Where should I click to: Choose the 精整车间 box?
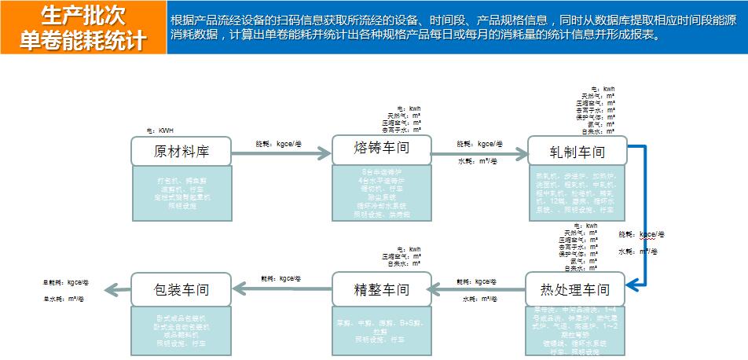click(381, 289)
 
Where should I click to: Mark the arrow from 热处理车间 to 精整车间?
click(479, 290)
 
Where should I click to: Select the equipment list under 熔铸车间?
click(381, 193)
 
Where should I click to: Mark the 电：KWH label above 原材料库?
click(158, 130)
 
